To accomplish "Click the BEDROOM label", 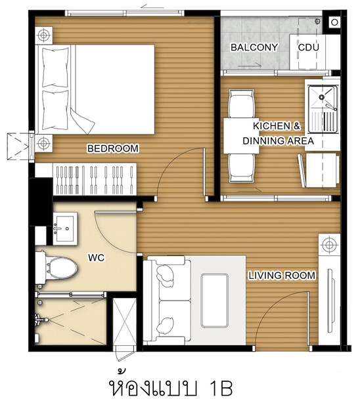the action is click(113, 148).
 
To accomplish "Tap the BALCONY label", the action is click(254, 47).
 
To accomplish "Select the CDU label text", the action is click(309, 47).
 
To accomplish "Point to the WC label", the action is click(96, 258).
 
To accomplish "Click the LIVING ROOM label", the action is click(282, 276).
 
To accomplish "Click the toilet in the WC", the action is click(57, 268).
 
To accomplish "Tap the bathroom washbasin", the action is click(65, 229).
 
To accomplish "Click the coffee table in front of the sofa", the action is click(215, 301).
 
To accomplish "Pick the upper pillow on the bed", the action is click(55, 67).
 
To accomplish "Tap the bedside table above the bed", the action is click(44, 35).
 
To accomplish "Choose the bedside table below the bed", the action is click(44, 143).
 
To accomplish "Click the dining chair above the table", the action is click(241, 104).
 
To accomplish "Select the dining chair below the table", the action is click(241, 168).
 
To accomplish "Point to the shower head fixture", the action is click(41, 320).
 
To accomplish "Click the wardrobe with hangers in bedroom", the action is click(95, 179).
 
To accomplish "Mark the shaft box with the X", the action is click(124, 322).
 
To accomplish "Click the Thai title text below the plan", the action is click(171, 385).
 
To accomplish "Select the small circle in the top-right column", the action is click(334, 22).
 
